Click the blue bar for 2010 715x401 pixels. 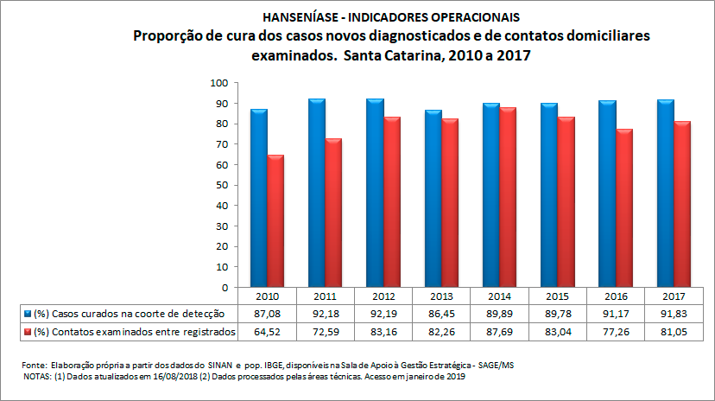pos(259,198)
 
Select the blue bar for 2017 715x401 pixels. pos(665,194)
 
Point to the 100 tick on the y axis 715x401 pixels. pos(218,83)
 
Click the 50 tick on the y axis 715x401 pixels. pos(221,185)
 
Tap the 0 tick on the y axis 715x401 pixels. pos(224,287)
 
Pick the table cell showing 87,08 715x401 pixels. pos(267,313)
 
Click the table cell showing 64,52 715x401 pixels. pos(267,331)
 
